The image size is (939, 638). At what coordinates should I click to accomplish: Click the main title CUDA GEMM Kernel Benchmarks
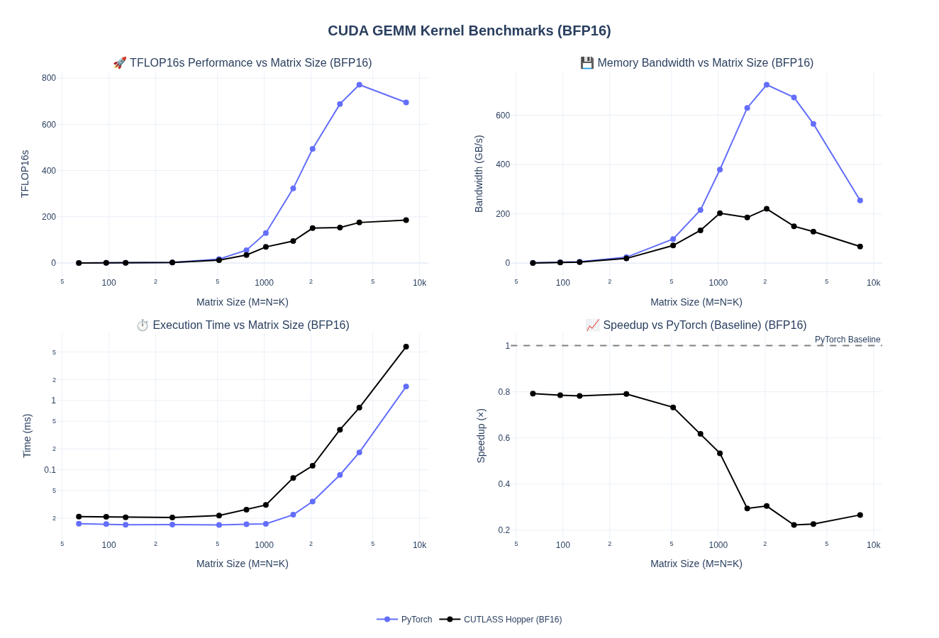click(x=469, y=31)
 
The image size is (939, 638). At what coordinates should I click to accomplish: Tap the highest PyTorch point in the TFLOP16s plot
click(x=360, y=85)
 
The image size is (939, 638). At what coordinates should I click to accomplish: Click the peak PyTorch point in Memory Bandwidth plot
click(x=767, y=85)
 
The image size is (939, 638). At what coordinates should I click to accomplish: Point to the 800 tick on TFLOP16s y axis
click(x=49, y=78)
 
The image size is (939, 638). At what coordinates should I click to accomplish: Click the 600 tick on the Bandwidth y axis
click(x=503, y=116)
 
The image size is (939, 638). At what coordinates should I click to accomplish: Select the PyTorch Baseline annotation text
click(x=847, y=340)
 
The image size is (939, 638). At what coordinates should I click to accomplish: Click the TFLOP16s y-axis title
click(x=25, y=174)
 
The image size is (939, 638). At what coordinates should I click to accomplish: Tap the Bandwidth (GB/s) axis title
click(x=479, y=174)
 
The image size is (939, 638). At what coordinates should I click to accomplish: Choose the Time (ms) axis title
click(x=27, y=436)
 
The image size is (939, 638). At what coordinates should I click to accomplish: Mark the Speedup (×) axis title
click(x=481, y=436)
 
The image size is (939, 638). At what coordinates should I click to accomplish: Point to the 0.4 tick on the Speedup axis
click(x=503, y=484)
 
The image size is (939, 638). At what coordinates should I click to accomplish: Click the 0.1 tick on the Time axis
click(x=50, y=470)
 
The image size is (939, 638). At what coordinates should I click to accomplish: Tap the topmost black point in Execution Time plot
click(x=406, y=347)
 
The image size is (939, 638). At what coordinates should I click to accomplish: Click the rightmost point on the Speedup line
click(x=860, y=515)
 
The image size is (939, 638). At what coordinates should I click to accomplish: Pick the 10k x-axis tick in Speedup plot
click(x=873, y=545)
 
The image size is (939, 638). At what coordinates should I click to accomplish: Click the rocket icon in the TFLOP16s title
click(x=120, y=63)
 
